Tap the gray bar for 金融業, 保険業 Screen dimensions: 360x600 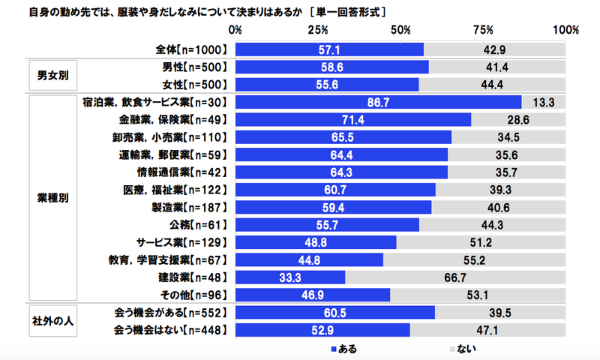coord(518,119)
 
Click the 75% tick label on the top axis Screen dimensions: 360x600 coord(482,31)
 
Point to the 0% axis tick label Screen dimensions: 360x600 coord(235,31)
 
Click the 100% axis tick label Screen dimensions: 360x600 coord(564,31)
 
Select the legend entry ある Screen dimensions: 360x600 coord(343,349)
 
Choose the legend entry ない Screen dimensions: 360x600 coord(462,349)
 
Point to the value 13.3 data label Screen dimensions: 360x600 coord(543,102)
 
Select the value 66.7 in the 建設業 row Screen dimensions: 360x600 coord(455,277)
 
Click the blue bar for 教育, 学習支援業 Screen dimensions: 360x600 coord(309,259)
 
